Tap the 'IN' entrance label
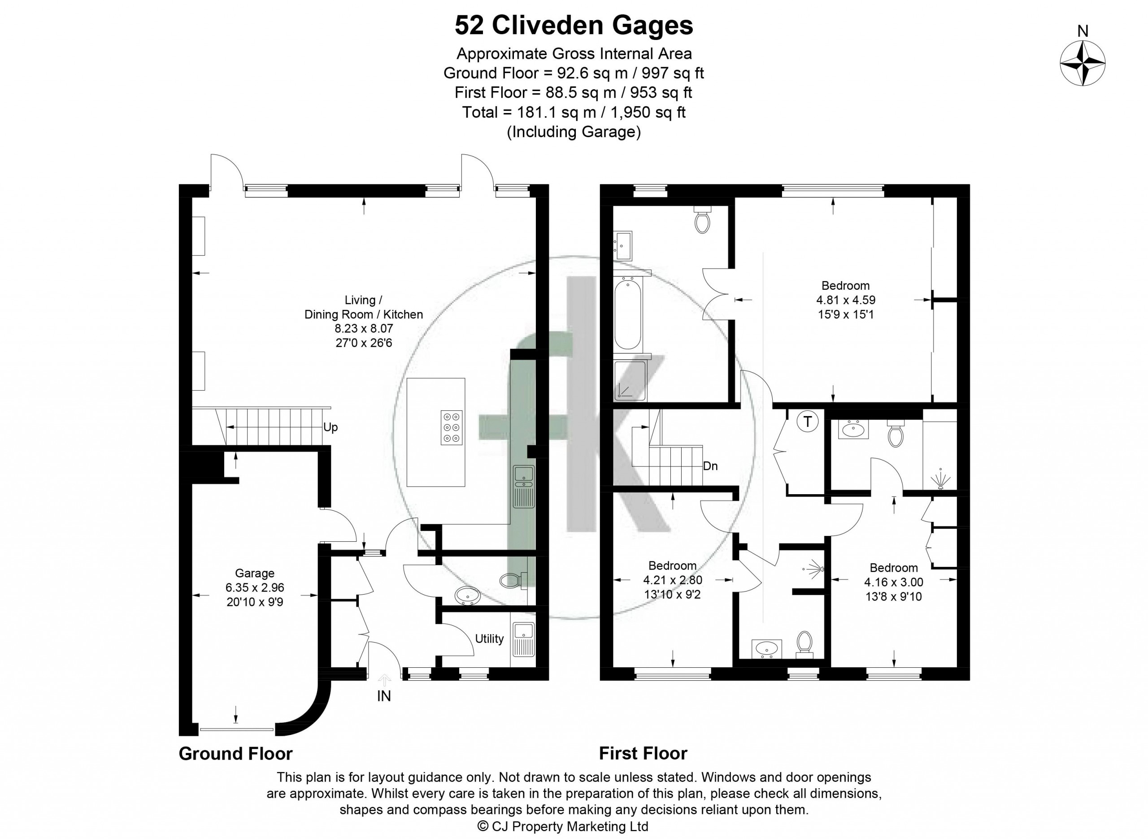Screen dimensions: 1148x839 (x=384, y=696)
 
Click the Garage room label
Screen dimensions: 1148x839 (x=254, y=573)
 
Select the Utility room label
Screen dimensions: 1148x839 (x=489, y=639)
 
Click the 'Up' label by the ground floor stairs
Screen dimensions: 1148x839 (x=330, y=427)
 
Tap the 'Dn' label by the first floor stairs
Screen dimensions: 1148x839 (x=710, y=466)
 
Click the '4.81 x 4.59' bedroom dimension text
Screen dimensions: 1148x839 (x=845, y=300)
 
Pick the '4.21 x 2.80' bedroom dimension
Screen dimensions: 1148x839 (x=672, y=580)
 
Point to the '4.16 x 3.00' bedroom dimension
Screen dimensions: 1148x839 (x=894, y=582)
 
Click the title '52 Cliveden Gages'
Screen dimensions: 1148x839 (x=574, y=26)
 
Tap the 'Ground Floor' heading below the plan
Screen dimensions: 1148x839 (x=235, y=753)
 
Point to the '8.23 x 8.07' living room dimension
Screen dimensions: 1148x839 (x=364, y=328)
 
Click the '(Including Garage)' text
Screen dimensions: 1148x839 (x=574, y=132)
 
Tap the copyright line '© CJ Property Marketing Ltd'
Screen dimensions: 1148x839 (x=564, y=826)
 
